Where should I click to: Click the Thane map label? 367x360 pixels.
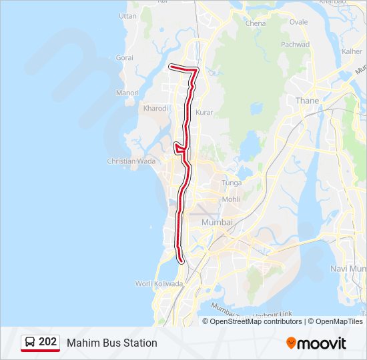coord(307,101)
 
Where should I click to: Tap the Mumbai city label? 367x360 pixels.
coord(217,222)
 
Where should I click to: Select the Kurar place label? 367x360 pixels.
coord(204,113)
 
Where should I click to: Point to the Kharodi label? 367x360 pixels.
coord(155,107)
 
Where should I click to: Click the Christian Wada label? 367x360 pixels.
coord(131,161)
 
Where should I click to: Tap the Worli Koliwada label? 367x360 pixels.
coord(159,283)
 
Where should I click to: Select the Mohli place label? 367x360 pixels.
coord(231,199)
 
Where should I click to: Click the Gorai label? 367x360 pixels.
coord(125,58)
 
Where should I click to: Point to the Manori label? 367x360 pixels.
coord(127,93)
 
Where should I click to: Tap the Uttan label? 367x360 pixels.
coord(127,15)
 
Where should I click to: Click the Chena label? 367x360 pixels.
coord(256,23)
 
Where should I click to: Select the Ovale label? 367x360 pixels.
coord(299,22)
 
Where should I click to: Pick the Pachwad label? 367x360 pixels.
coord(296,45)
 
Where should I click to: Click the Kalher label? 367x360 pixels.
coord(352,51)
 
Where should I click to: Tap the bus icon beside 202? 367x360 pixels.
coord(30,343)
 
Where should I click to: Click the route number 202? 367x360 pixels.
coord(47,342)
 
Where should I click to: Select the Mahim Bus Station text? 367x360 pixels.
coord(111,343)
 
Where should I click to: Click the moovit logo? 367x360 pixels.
coord(316,343)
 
